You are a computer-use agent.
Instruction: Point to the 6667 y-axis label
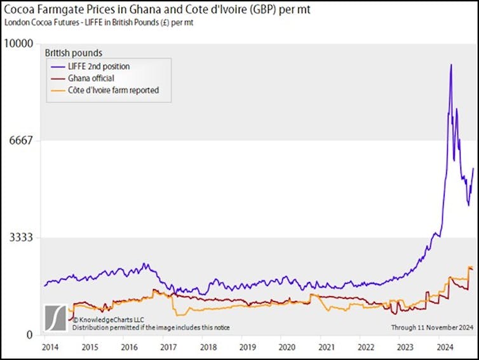(x=20, y=140)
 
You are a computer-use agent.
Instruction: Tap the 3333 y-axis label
(x=20, y=237)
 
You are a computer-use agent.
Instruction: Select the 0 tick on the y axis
(x=30, y=335)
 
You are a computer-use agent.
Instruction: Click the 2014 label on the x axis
(x=50, y=347)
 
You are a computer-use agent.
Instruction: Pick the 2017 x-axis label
(x=168, y=347)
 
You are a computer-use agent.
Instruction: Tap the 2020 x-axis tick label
(x=287, y=347)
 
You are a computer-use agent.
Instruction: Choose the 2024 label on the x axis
(x=444, y=347)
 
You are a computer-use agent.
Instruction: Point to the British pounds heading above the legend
(x=74, y=53)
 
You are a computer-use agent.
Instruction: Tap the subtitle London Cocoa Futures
(x=98, y=22)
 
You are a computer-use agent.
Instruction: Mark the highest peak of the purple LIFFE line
(x=451, y=65)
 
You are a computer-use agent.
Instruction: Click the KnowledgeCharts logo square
(x=56, y=317)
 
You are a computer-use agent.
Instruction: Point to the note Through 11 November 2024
(x=432, y=327)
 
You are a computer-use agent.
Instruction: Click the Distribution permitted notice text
(x=151, y=327)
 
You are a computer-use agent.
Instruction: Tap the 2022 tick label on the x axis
(x=365, y=347)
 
